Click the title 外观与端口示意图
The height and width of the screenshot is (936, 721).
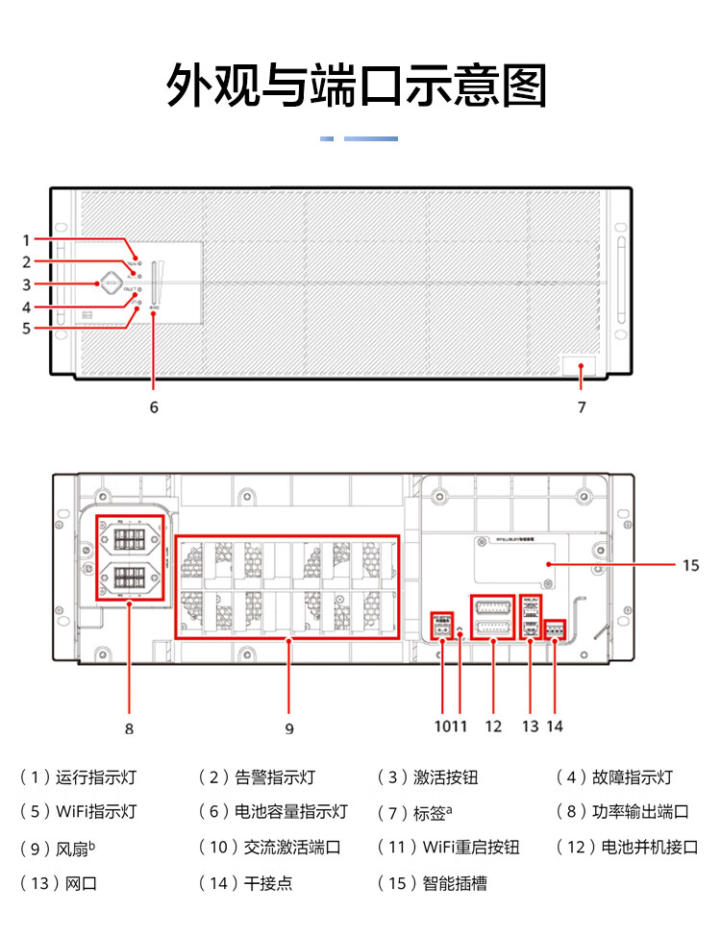click(x=358, y=86)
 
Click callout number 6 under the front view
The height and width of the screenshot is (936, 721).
click(x=154, y=406)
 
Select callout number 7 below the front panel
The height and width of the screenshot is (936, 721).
click(x=582, y=406)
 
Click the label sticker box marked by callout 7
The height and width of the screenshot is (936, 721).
click(x=579, y=366)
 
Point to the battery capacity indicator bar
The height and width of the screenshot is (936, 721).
click(x=154, y=283)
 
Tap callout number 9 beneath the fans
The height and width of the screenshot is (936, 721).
click(x=289, y=727)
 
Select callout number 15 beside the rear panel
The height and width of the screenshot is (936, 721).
click(x=690, y=565)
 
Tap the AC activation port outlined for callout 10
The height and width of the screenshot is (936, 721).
click(x=441, y=626)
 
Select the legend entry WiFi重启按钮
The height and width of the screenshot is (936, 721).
click(x=471, y=847)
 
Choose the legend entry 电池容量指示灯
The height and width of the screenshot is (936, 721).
click(x=290, y=811)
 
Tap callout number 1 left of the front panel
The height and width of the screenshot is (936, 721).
click(x=27, y=239)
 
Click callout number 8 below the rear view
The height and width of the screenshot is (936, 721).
click(x=129, y=727)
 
